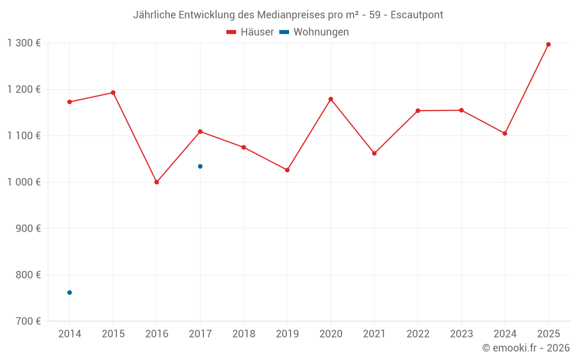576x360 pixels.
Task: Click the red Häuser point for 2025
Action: point(548,44)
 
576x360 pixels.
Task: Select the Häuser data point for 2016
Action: point(157,182)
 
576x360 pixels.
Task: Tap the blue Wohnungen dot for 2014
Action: point(70,293)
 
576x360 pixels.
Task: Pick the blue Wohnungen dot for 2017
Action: point(200,166)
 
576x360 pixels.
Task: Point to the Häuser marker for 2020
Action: point(331,99)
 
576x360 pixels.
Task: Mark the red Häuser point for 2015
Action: point(113,93)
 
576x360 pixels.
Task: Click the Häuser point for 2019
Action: point(287,170)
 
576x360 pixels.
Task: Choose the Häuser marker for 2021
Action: point(374,153)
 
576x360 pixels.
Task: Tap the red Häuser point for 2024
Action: point(505,134)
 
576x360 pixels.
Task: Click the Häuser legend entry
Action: point(250,32)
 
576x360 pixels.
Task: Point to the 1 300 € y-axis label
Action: point(24,43)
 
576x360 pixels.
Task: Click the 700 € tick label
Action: point(29,321)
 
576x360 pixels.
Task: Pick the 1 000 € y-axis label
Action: point(24,182)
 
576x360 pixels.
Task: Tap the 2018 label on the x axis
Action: point(244,334)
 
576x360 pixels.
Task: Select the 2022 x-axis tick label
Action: point(418,334)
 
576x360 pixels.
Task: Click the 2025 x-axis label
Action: point(548,334)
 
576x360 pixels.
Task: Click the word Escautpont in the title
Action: point(417,14)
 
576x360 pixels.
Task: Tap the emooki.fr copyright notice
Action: point(526,348)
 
